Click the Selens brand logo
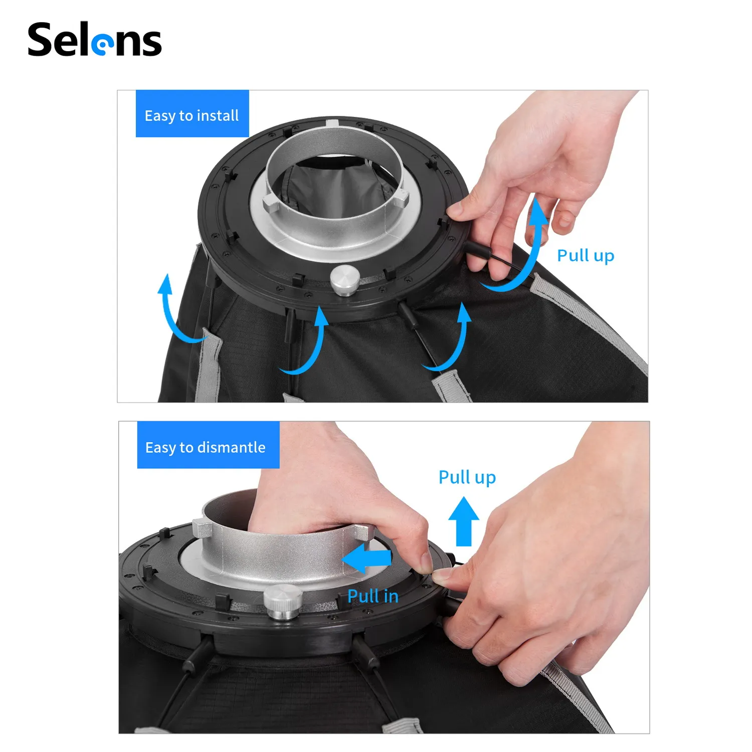[94, 40]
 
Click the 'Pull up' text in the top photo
[585, 256]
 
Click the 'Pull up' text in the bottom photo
[467, 477]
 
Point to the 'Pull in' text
[372, 596]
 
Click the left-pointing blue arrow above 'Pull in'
[367, 559]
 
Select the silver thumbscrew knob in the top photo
[344, 279]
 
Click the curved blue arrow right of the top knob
[451, 341]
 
